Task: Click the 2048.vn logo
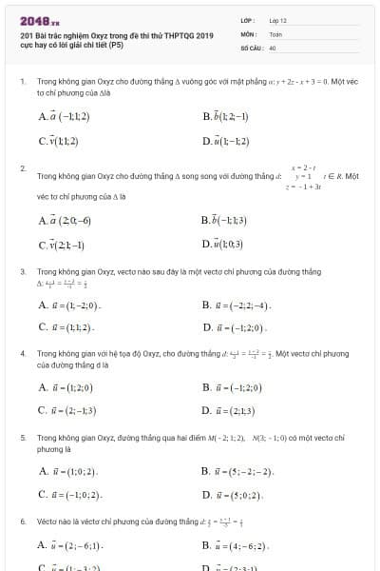39,19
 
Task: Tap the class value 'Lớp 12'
278,19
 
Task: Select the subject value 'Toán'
276,32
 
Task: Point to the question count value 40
273,46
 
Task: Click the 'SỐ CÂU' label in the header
251,46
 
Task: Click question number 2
22,168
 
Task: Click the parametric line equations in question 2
302,176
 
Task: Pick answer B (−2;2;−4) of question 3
237,305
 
